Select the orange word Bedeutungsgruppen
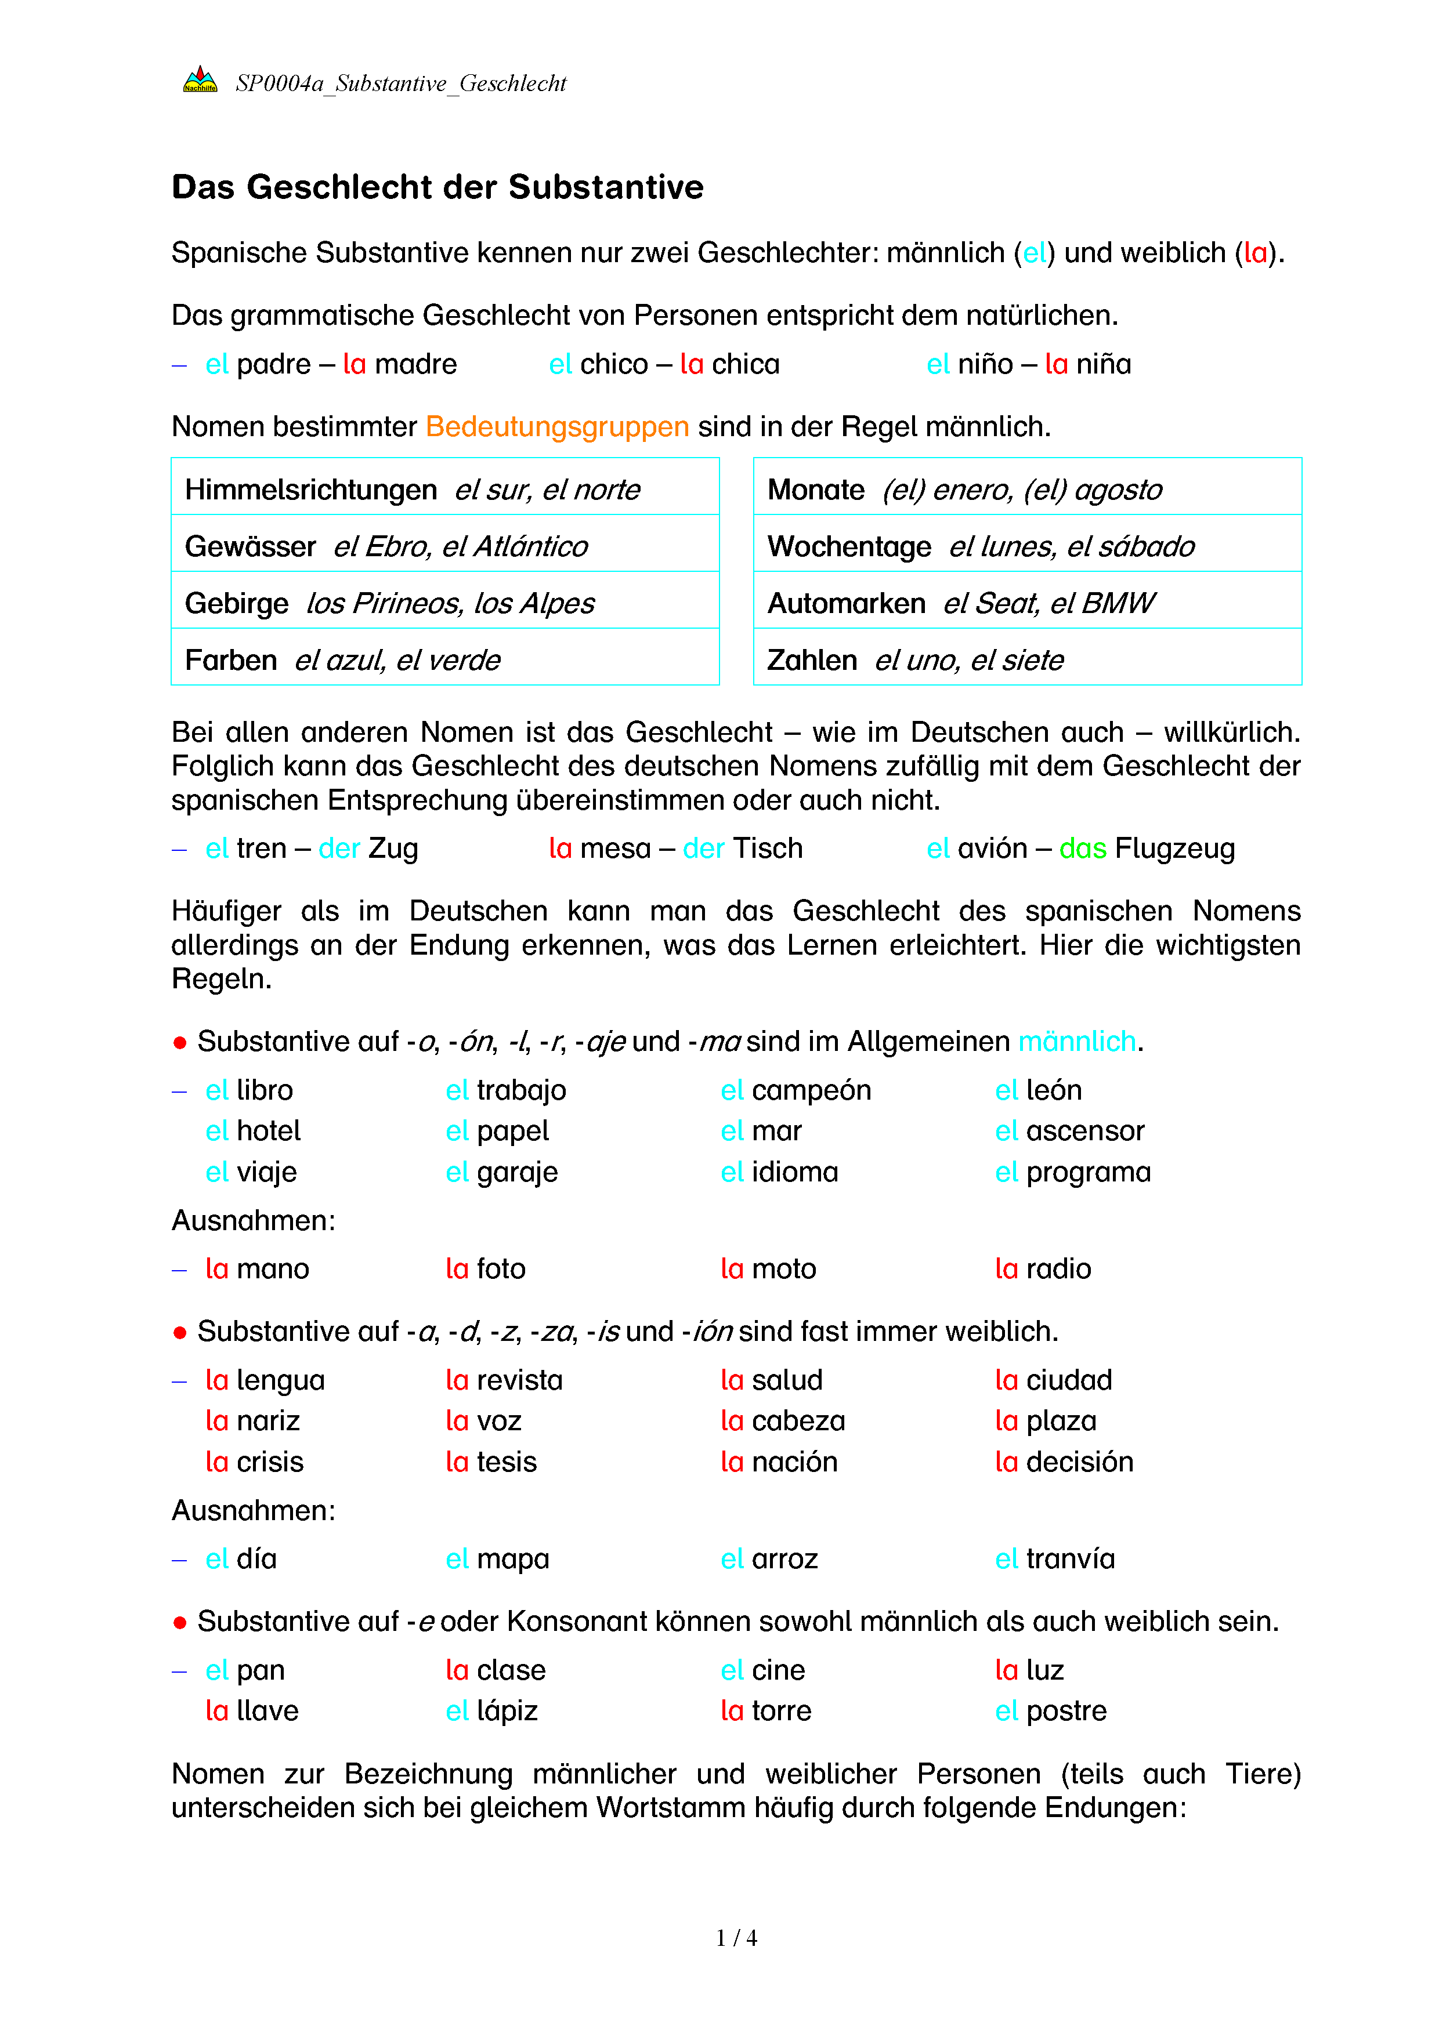click(558, 427)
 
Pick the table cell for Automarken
click(1027, 603)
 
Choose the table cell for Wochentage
click(1027, 546)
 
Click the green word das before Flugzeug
click(1083, 849)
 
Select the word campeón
click(811, 1090)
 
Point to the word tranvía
click(1071, 1559)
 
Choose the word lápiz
click(507, 1712)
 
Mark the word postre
click(1066, 1712)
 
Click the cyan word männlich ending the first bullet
click(1076, 1042)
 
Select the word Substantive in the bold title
click(605, 188)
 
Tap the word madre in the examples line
click(415, 365)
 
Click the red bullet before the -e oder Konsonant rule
click(180, 1623)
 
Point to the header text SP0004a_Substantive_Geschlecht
click(400, 84)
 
